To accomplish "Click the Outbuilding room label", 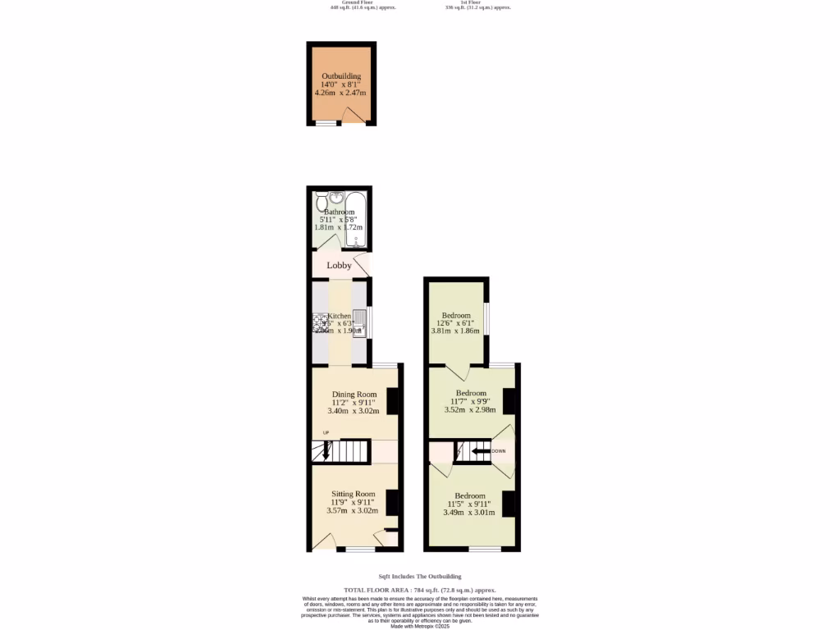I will tap(341, 76).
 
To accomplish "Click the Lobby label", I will tap(340, 266).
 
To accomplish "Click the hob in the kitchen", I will tap(319, 323).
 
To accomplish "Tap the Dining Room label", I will tap(354, 395).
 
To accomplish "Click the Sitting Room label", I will tap(353, 494).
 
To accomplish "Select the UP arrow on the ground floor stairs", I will tap(326, 450).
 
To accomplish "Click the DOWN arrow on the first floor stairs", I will tap(481, 451).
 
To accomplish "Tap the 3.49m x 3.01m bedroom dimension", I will tap(469, 513).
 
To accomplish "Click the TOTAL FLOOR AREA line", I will tap(419, 590).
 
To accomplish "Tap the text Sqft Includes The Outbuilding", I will tap(420, 577).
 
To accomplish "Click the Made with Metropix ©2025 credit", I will tap(419, 626).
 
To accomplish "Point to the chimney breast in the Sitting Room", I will tap(391, 501).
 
